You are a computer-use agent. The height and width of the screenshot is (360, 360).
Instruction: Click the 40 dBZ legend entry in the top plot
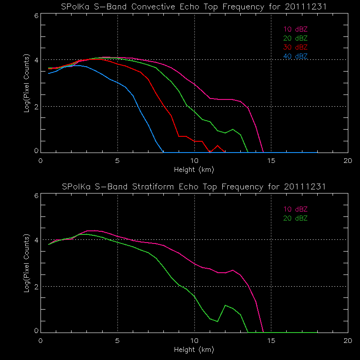pyautogui.click(x=295, y=56)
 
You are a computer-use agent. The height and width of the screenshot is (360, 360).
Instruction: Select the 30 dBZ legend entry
pyautogui.click(x=295, y=47)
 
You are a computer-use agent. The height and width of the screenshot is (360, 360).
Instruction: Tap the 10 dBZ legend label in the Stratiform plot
pyautogui.click(x=295, y=209)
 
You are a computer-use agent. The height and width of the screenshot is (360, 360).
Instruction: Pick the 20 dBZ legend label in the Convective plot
pyautogui.click(x=295, y=38)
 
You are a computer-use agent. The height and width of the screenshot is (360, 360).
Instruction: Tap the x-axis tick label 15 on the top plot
pyautogui.click(x=271, y=160)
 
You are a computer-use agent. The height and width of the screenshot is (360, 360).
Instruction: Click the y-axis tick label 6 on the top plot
pyautogui.click(x=36, y=15)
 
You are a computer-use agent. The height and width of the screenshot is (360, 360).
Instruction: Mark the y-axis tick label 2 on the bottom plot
pyautogui.click(x=36, y=286)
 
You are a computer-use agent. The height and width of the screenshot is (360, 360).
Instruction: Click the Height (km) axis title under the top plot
pyautogui.click(x=194, y=170)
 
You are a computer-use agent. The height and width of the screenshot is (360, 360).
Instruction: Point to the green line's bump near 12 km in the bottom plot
pyautogui.click(x=225, y=306)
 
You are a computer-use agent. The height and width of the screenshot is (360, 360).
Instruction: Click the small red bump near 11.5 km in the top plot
pyautogui.click(x=218, y=146)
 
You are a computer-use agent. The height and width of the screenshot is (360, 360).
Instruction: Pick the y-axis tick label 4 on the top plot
pyautogui.click(x=36, y=60)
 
